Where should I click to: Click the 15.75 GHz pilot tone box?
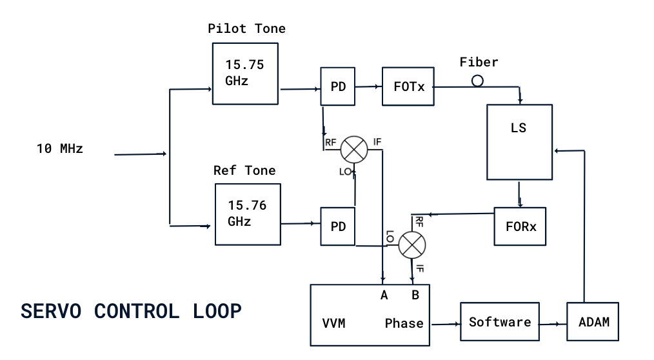click(x=245, y=74)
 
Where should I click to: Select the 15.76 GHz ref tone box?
click(x=248, y=214)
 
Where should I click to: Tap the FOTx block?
click(x=408, y=86)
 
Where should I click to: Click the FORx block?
click(x=520, y=226)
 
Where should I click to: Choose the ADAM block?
click(x=593, y=321)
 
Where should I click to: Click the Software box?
click(x=500, y=322)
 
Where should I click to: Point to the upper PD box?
click(x=338, y=86)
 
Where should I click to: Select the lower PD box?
click(x=338, y=226)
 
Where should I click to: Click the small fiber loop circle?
click(x=477, y=81)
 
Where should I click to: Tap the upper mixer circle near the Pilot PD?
click(x=353, y=149)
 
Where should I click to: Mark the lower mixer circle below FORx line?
click(x=412, y=245)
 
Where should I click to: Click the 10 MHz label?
click(x=60, y=148)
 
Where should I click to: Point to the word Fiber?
click(x=479, y=63)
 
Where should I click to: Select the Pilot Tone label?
click(x=246, y=29)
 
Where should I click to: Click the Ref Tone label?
click(x=244, y=170)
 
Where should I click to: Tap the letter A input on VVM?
click(x=384, y=295)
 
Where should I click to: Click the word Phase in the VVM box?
click(x=404, y=323)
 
